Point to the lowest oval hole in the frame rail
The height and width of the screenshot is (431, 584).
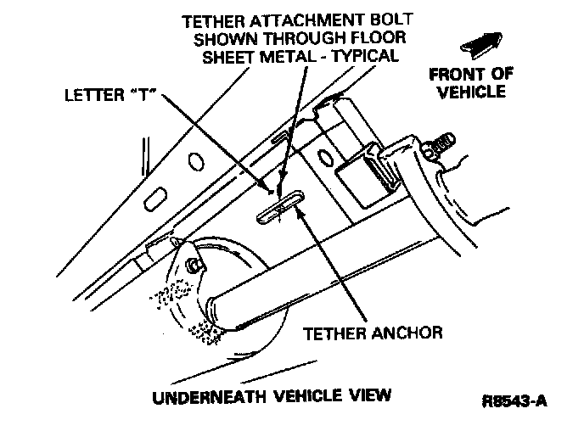[156, 200]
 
